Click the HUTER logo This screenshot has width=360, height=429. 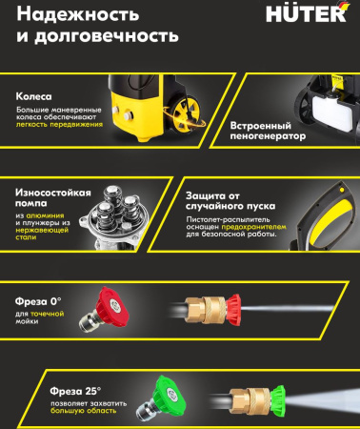(308, 13)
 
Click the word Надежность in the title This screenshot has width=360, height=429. (78, 14)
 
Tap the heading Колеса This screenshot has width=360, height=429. (33, 96)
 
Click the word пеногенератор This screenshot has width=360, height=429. (268, 136)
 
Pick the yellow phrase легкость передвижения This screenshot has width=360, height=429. (59, 124)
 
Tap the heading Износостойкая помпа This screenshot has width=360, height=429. (53, 197)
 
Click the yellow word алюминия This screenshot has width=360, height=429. (45, 215)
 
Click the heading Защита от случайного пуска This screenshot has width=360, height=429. (230, 201)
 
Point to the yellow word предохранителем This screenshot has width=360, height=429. (253, 227)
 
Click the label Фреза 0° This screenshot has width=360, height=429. (38, 301)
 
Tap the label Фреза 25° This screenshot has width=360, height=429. (75, 391)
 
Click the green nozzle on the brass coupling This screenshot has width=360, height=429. (277, 399)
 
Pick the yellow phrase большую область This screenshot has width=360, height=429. (83, 411)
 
